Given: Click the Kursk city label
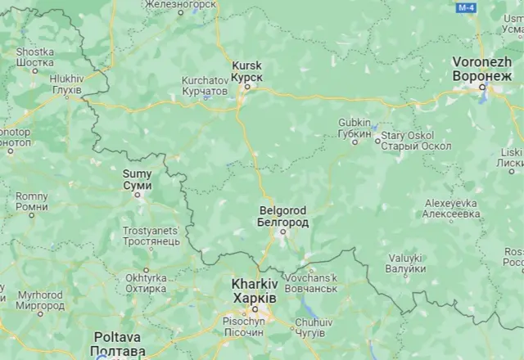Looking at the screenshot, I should [x=246, y=70].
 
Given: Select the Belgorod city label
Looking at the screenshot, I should [x=282, y=216].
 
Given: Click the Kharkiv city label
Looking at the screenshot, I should [x=254, y=290].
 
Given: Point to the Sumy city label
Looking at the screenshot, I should [x=137, y=180].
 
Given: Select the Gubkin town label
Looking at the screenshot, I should [x=355, y=129].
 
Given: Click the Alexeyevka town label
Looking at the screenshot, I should [x=451, y=208].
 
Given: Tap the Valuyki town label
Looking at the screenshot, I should [x=406, y=263].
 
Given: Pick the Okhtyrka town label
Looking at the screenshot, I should [x=147, y=282].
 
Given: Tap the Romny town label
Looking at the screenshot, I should [x=32, y=201].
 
